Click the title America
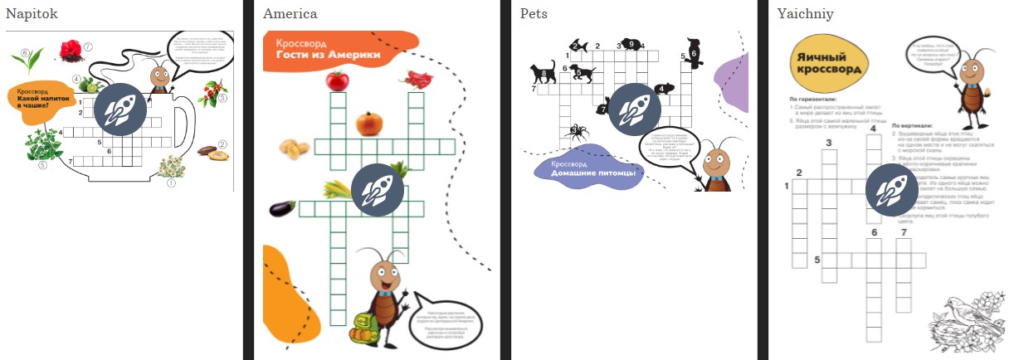pyautogui.click(x=290, y=13)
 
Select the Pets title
pyautogui.click(x=534, y=13)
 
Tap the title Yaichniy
pyautogui.click(x=806, y=13)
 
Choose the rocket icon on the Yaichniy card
pyautogui.click(x=892, y=191)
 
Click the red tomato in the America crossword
pyautogui.click(x=337, y=80)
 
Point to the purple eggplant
pyautogui.click(x=282, y=208)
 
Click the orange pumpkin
pyautogui.click(x=369, y=124)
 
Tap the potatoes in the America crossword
pyautogui.click(x=292, y=148)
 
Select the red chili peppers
pyautogui.click(x=416, y=79)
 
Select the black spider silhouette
pyautogui.click(x=573, y=130)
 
